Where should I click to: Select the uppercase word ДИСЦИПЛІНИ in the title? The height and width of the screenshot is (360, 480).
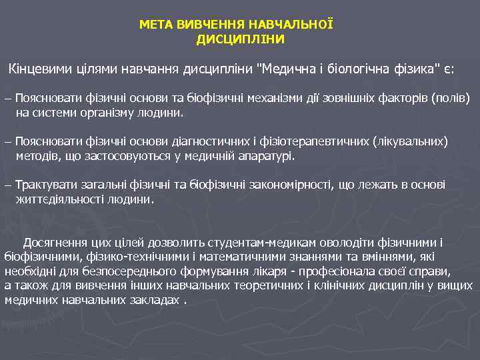coord(240,39)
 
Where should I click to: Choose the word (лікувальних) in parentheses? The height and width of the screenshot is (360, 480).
coord(411,142)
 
